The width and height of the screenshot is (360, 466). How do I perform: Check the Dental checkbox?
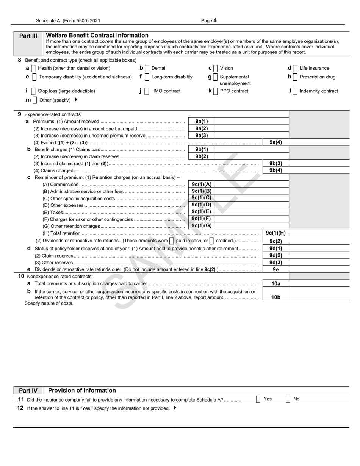coord(147,68)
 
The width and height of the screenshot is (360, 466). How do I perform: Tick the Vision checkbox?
coord(215,68)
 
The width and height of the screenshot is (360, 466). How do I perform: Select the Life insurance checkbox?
coord(295,68)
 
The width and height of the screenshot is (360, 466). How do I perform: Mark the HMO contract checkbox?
coord(147,91)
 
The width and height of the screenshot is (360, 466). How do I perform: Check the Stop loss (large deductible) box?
coord(33,91)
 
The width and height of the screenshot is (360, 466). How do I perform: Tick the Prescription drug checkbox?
coord(295,77)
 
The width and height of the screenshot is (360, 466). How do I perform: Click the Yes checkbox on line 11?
coord(258,399)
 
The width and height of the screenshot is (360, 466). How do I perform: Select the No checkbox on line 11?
coord(288,399)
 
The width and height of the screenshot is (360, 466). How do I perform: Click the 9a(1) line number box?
coord(201,121)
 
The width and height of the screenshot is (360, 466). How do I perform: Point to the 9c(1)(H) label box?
coord(275,233)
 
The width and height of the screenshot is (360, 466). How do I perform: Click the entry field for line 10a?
coord(319,283)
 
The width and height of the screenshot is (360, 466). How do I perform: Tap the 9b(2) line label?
coord(201,156)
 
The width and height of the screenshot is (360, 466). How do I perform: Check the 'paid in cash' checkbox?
coord(172,241)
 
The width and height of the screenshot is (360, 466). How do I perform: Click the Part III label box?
coord(28,36)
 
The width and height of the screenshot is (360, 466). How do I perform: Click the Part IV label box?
coord(28,391)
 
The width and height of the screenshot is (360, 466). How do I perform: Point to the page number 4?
coord(215,21)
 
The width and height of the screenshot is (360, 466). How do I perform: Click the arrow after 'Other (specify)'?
coord(76,100)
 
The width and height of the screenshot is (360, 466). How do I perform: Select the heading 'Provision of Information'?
coord(82,391)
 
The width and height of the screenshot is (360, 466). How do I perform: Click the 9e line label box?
coord(275,269)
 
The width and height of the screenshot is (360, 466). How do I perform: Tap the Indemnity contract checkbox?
coord(295,91)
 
